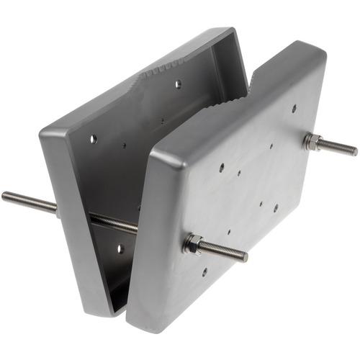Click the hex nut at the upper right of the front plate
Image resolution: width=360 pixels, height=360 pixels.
point(312,141)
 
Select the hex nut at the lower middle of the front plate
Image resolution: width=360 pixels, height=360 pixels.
point(192,243)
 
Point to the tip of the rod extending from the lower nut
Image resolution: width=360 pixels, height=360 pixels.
point(245,257)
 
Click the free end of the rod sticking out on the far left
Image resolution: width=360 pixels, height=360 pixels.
point(4,195)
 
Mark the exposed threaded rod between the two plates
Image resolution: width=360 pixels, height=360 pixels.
point(115,223)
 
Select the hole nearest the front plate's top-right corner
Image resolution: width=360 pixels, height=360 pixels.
point(294,109)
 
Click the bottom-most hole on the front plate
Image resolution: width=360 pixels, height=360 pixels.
point(204,272)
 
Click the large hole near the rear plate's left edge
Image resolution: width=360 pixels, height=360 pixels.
point(93,138)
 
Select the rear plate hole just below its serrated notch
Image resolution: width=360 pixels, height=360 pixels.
point(178,84)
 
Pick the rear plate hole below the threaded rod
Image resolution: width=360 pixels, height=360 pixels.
point(120,249)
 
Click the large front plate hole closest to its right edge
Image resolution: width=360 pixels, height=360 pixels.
point(276,207)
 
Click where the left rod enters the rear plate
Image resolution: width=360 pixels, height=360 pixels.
point(58,205)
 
